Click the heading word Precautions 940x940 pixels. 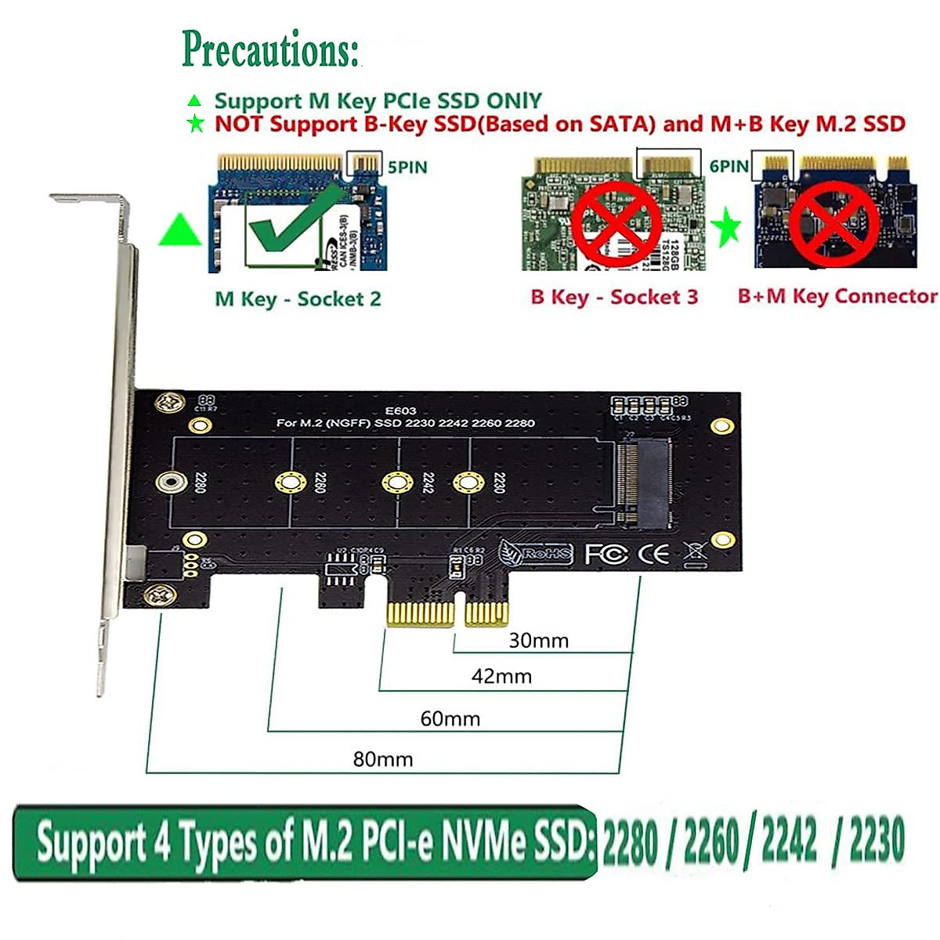pyautogui.click(x=270, y=49)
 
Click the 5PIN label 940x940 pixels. pyautogui.click(x=407, y=167)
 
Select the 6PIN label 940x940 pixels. pyautogui.click(x=728, y=166)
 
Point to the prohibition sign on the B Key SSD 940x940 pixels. pyautogui.click(x=615, y=224)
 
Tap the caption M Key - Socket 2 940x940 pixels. pyautogui.click(x=298, y=299)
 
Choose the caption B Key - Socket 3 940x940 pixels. pyautogui.click(x=613, y=297)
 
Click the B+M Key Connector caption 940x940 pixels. pyautogui.click(x=837, y=296)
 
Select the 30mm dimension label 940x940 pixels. pyautogui.click(x=538, y=641)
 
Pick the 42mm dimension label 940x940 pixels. pyautogui.click(x=501, y=676)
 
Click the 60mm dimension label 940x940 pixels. pyautogui.click(x=450, y=718)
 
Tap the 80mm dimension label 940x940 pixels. pyautogui.click(x=382, y=759)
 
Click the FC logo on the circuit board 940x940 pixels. pyautogui.click(x=606, y=555)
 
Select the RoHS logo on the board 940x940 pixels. pyautogui.click(x=537, y=553)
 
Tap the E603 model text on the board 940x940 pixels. pyautogui.click(x=401, y=410)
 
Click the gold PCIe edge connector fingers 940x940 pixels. pyautogui.click(x=447, y=613)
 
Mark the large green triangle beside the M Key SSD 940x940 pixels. pyautogui.click(x=180, y=231)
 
